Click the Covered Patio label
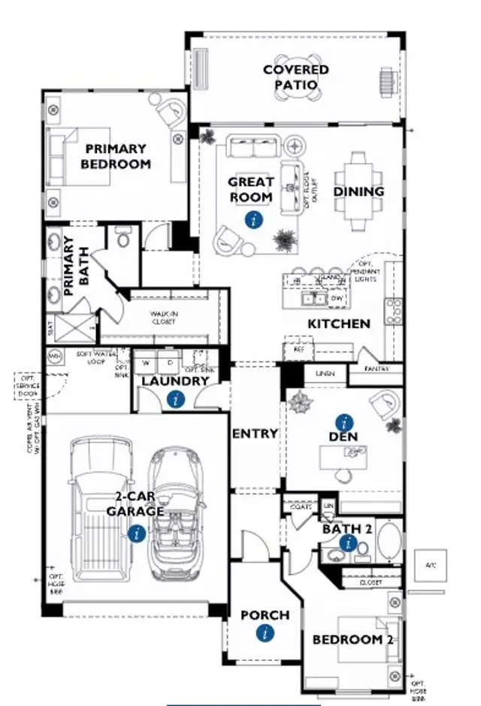click(295, 77)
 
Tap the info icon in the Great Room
click(256, 219)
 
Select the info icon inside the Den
click(344, 422)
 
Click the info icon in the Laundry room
click(176, 399)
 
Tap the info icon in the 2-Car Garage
click(136, 534)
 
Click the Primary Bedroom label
click(116, 156)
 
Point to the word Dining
click(358, 192)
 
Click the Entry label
click(256, 434)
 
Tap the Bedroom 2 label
click(353, 640)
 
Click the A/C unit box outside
click(431, 565)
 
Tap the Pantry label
click(376, 370)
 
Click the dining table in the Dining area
click(358, 192)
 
